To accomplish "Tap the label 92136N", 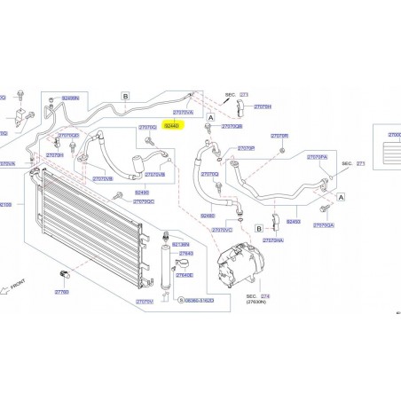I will tap(182, 243).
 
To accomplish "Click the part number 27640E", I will tap(185, 275).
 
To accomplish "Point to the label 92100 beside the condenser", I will tap(5, 204).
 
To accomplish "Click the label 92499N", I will tap(69, 98).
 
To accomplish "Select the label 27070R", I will tap(247, 148).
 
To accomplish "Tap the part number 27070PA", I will tap(318, 156).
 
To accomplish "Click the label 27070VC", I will tap(223, 230).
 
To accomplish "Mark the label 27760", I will tap(61, 292).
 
